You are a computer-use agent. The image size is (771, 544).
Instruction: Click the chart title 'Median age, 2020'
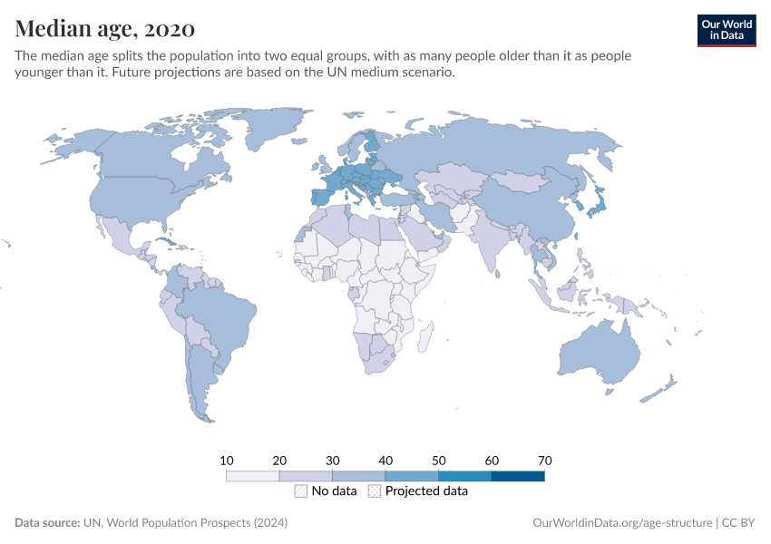[104, 28]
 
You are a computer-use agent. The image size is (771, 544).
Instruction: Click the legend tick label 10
[227, 461]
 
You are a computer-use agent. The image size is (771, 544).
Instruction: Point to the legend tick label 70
[544, 461]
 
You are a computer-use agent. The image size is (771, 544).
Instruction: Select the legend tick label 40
[385, 461]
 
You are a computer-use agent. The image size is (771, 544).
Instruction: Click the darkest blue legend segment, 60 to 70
[517, 475]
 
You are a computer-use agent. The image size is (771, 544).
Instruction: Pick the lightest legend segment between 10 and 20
[253, 475]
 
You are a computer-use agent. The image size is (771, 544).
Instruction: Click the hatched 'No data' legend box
[300, 491]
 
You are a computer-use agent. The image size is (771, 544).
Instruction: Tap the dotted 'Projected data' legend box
[375, 491]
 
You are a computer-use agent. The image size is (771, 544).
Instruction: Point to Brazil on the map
[218, 313]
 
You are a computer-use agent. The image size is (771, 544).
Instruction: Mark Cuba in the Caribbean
[168, 243]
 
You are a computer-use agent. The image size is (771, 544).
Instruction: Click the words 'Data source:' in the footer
[47, 523]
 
